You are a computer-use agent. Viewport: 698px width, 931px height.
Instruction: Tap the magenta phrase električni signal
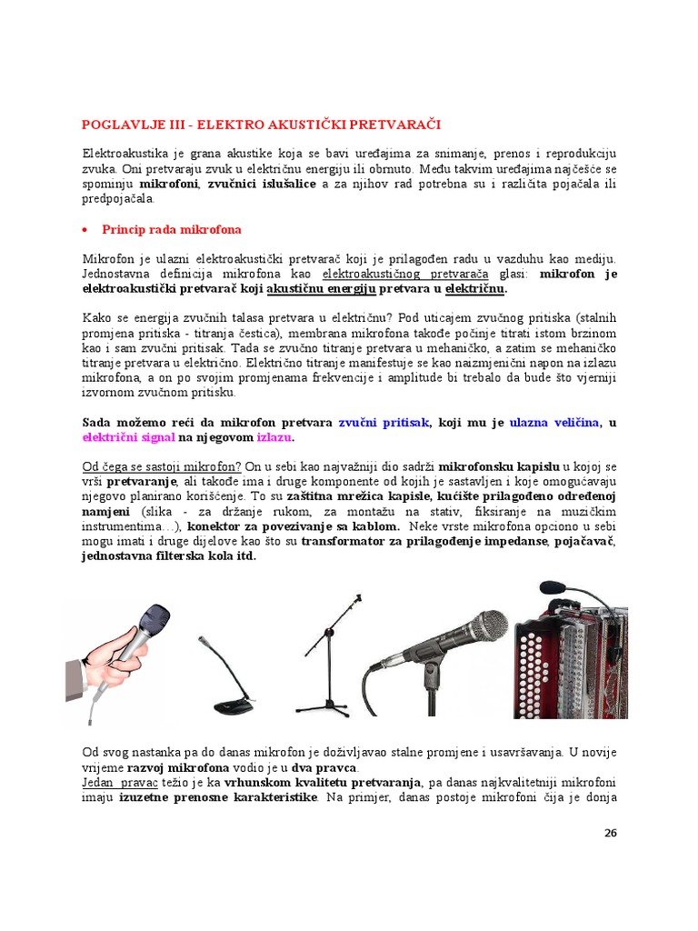(x=128, y=437)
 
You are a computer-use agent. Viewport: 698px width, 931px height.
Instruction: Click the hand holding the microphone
(x=114, y=668)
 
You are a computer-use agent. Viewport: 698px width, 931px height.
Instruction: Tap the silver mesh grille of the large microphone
(x=482, y=627)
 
